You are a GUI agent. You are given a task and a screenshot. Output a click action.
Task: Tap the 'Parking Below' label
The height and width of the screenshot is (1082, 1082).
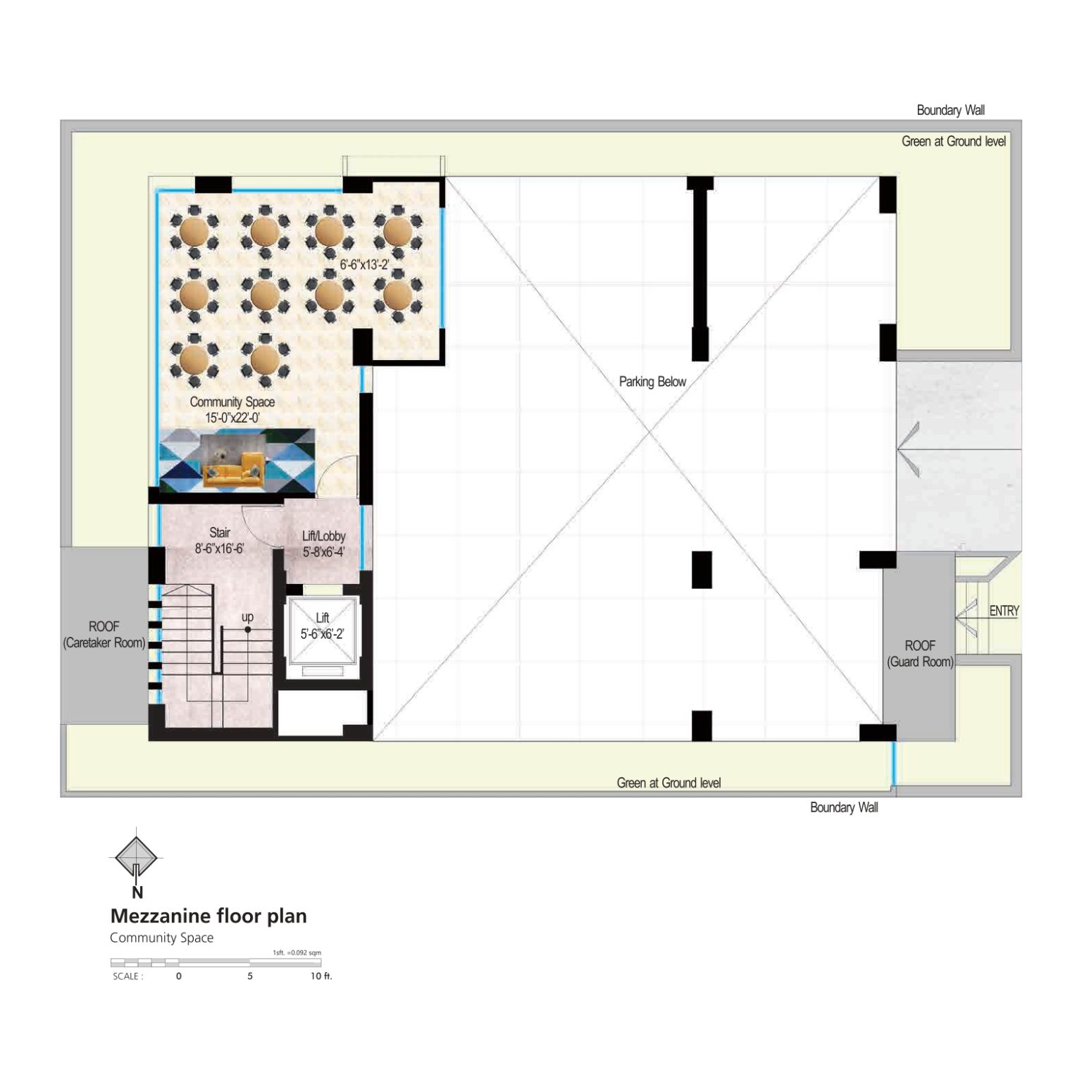[652, 382]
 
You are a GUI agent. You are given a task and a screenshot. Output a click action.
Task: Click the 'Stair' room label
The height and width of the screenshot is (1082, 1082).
[220, 533]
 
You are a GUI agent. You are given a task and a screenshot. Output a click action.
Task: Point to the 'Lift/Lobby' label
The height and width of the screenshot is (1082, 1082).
[323, 536]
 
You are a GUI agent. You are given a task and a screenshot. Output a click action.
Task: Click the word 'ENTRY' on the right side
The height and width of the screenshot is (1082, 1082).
[1004, 611]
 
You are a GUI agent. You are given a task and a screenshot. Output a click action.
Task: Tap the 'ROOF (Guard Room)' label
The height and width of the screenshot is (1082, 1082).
[920, 654]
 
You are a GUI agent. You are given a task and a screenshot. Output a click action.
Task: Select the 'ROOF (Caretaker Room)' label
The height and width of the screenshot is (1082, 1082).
[104, 635]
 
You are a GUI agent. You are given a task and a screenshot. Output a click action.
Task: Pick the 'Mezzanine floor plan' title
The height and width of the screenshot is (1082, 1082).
[209, 916]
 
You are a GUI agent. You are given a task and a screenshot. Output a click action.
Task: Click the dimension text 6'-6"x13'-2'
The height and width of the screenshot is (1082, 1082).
[364, 265]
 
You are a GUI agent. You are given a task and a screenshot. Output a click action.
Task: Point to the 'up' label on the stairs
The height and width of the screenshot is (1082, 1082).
[247, 617]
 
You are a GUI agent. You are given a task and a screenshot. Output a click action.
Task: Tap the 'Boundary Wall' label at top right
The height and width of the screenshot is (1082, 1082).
[950, 110]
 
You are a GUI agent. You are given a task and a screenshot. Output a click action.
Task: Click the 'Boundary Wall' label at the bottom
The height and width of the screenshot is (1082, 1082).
[844, 807]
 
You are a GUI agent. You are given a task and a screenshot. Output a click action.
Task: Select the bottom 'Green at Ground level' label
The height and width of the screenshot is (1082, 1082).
[669, 783]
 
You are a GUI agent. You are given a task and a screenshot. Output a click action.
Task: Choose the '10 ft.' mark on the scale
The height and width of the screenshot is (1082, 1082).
[321, 976]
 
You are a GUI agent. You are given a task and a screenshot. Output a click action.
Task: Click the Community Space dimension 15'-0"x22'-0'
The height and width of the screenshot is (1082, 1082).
[232, 418]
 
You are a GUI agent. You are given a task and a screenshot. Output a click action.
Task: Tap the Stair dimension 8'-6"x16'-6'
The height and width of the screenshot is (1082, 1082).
[219, 548]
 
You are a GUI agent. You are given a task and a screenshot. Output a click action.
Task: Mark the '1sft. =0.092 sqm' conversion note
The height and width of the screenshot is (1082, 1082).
[297, 952]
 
